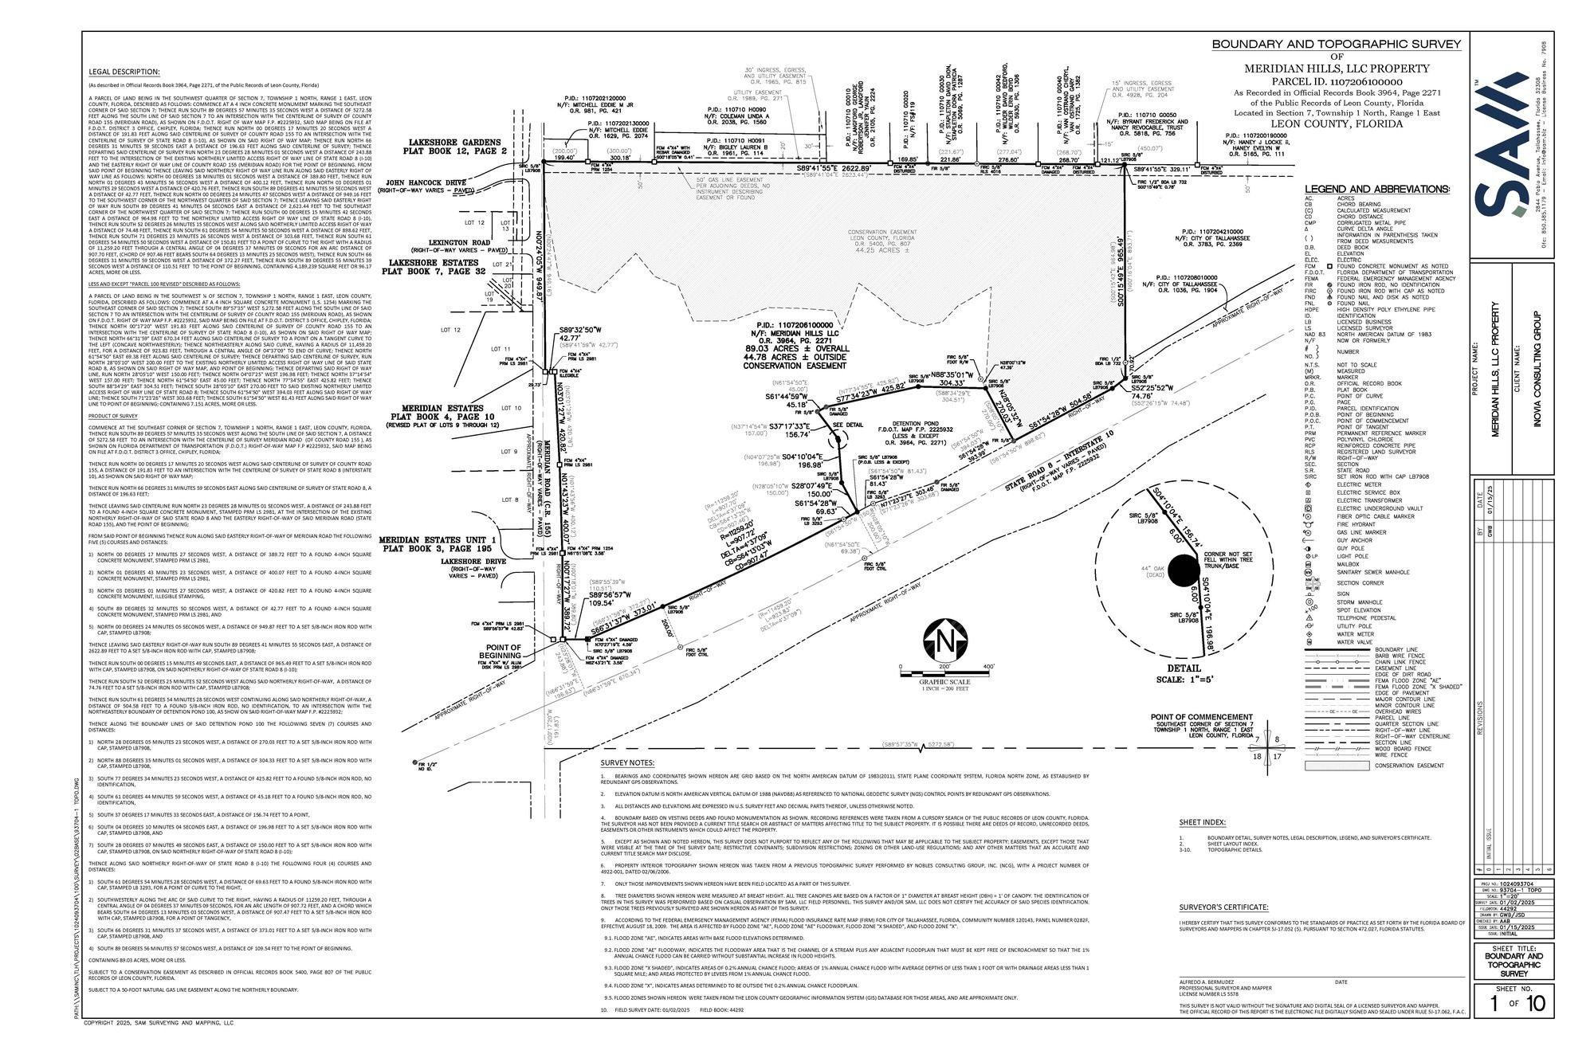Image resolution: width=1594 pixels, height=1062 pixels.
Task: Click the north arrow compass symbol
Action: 944,641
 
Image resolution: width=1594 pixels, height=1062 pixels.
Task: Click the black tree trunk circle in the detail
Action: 1182,570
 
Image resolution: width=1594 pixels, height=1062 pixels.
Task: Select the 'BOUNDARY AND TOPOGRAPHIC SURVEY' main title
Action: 1337,45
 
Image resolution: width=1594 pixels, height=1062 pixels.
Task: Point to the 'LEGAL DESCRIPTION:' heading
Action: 124,72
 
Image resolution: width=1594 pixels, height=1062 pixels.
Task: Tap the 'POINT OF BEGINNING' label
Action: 501,652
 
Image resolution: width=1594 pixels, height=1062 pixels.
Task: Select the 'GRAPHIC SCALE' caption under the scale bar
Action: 944,682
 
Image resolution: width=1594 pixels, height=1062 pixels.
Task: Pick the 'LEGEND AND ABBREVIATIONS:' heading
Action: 1377,190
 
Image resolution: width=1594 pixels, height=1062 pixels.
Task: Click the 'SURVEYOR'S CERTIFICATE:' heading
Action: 1224,907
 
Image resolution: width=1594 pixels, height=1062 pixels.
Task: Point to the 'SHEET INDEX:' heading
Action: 1203,823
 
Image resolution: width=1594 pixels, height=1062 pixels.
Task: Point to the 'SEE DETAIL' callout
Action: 847,425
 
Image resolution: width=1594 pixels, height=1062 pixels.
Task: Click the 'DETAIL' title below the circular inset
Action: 1184,668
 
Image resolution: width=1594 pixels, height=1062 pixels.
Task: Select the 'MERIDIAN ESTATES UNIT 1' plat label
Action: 437,539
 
